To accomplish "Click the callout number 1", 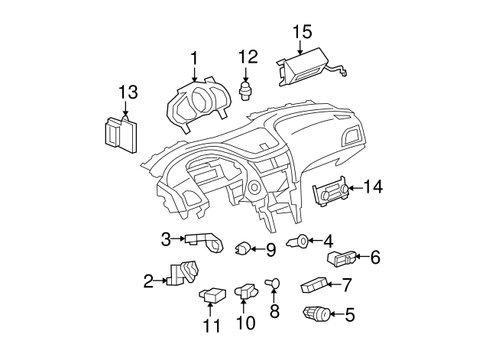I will click(x=194, y=58).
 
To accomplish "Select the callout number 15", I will click(x=303, y=32).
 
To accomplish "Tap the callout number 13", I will click(x=128, y=93).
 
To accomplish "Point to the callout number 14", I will click(x=374, y=186).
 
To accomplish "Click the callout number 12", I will click(x=248, y=57).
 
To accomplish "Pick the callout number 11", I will click(x=211, y=326).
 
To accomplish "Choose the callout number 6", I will click(x=374, y=258).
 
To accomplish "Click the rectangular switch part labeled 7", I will click(x=315, y=285).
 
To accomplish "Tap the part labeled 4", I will click(x=299, y=242).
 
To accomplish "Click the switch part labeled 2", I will click(x=184, y=273).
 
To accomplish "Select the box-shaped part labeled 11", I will click(x=212, y=294).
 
